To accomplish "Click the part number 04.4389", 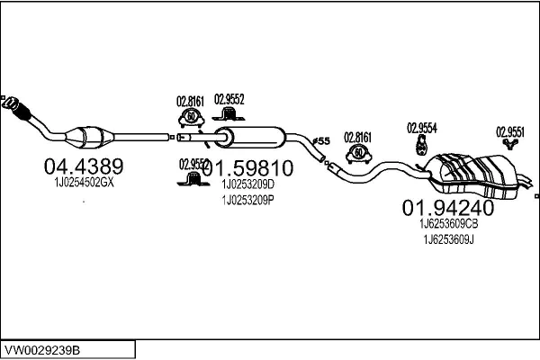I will pos(84,166).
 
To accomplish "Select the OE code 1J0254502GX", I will pos(79,183).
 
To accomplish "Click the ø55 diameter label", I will pos(322,141).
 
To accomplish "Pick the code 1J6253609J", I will pos(448,239).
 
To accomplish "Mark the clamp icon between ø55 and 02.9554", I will pos(359,153).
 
